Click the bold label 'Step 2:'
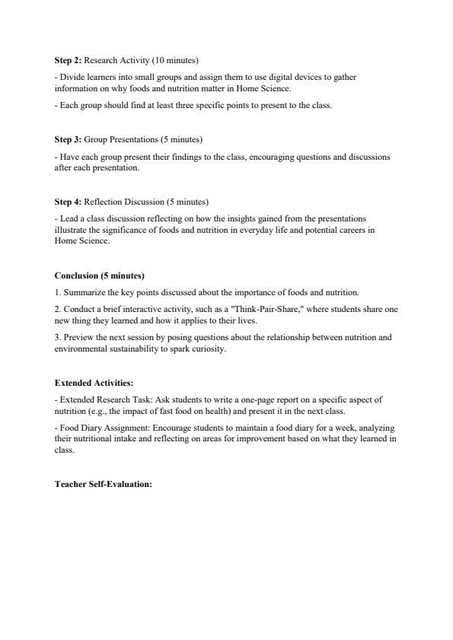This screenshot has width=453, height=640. tap(68, 59)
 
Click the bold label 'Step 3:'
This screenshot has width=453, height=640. tap(68, 140)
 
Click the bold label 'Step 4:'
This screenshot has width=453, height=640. tap(68, 202)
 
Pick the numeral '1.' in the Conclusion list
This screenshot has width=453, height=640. tap(58, 292)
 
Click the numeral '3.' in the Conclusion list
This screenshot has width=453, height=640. tap(58, 336)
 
